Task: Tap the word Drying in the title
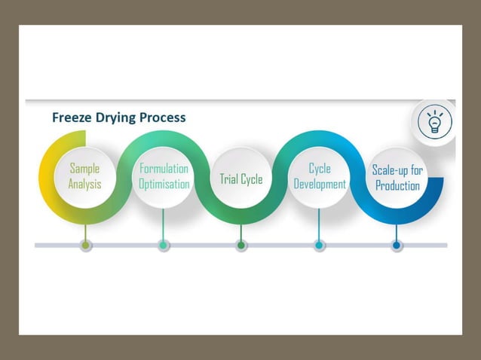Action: coord(118,117)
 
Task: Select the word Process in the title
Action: coord(164,117)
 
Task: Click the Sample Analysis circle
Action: coord(84,176)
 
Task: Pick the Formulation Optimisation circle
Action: coord(164,176)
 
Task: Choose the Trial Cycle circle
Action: coord(241,178)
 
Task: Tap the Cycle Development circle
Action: coord(319,176)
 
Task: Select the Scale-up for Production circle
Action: coord(397,178)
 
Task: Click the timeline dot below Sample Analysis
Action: coord(86,246)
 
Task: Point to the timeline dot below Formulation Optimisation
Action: coord(164,246)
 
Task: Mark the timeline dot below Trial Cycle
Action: coord(241,246)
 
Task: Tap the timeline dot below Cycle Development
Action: coord(319,246)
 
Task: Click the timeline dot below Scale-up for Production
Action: coord(397,246)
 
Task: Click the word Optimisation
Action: coord(164,185)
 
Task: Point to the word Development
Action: coord(320,185)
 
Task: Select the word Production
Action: coord(397,186)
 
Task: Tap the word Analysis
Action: coord(84,185)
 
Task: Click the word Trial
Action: coord(229,179)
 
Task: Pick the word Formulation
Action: coord(164,169)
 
